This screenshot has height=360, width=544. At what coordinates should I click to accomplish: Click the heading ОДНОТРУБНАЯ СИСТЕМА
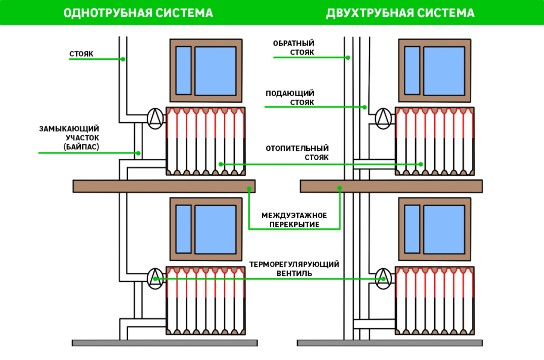click(x=138, y=13)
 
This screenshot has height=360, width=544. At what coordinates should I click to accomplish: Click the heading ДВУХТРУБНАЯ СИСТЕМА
click(x=400, y=13)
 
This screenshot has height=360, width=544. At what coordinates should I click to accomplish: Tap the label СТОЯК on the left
click(x=81, y=53)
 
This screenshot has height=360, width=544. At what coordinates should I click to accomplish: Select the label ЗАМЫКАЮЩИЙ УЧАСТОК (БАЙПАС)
click(x=69, y=138)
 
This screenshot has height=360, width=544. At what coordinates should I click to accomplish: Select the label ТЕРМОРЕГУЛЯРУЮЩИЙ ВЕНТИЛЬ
click(x=294, y=269)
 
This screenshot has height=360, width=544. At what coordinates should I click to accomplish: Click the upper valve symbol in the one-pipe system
click(x=155, y=118)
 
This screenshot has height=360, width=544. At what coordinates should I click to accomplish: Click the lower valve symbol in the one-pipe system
click(x=155, y=278)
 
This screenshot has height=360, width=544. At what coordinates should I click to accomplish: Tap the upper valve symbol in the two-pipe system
click(x=384, y=118)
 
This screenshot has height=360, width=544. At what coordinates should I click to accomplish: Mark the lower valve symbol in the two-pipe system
click(x=384, y=278)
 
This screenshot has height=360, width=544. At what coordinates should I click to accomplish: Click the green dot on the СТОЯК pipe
click(x=123, y=59)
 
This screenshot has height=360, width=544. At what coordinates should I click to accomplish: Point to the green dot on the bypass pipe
click(x=138, y=152)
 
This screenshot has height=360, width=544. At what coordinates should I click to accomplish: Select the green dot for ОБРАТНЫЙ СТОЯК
click(x=348, y=57)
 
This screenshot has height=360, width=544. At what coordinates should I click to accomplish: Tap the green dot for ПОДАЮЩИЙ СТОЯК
click(x=364, y=107)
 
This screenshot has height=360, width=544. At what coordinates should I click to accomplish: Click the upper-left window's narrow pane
click(x=183, y=70)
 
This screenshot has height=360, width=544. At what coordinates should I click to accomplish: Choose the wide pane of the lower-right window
click(x=444, y=229)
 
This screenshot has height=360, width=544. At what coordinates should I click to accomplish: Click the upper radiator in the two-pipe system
click(x=434, y=141)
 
